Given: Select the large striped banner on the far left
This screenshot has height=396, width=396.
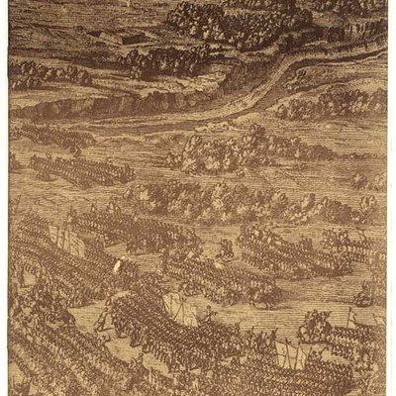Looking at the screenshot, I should coord(61,238).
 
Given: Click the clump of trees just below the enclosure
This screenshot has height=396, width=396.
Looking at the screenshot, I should coord(148,64).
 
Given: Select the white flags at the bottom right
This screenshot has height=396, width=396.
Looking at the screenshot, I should coord(287,351).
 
